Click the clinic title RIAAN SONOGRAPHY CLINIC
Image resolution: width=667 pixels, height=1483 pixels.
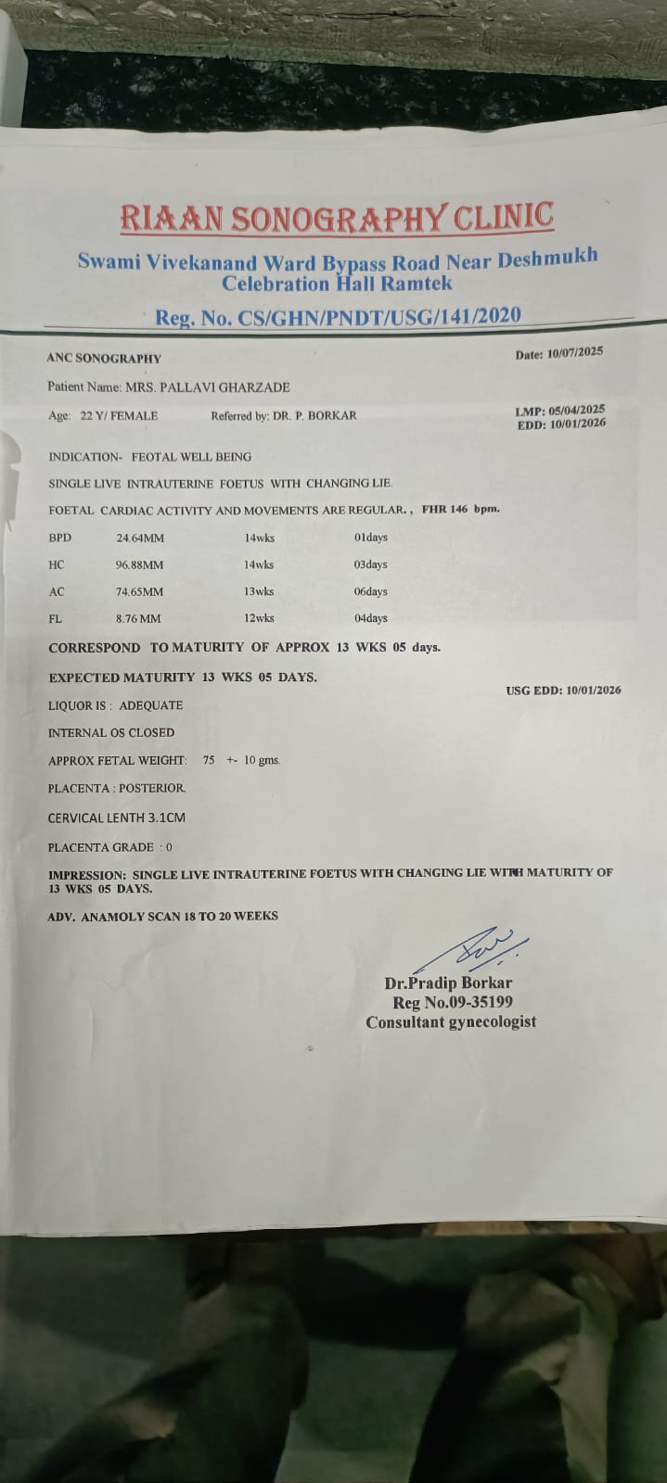tap(336, 218)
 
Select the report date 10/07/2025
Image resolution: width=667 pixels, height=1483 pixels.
tap(575, 353)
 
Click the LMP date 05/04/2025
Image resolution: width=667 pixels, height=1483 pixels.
tap(577, 410)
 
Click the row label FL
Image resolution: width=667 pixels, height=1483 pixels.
tap(55, 618)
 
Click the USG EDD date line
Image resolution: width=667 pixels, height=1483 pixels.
tap(563, 691)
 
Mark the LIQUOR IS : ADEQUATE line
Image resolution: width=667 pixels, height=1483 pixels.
tap(115, 705)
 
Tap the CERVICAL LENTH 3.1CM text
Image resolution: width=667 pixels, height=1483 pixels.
tap(116, 818)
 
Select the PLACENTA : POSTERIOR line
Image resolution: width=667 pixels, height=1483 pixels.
tap(116, 788)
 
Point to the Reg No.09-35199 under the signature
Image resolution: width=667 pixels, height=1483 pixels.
tap(453, 1002)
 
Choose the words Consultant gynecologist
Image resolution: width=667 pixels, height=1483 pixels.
tap(451, 1022)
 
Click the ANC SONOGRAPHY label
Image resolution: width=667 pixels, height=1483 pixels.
tap(104, 359)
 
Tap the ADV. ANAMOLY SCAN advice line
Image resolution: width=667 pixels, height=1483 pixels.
tap(162, 916)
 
